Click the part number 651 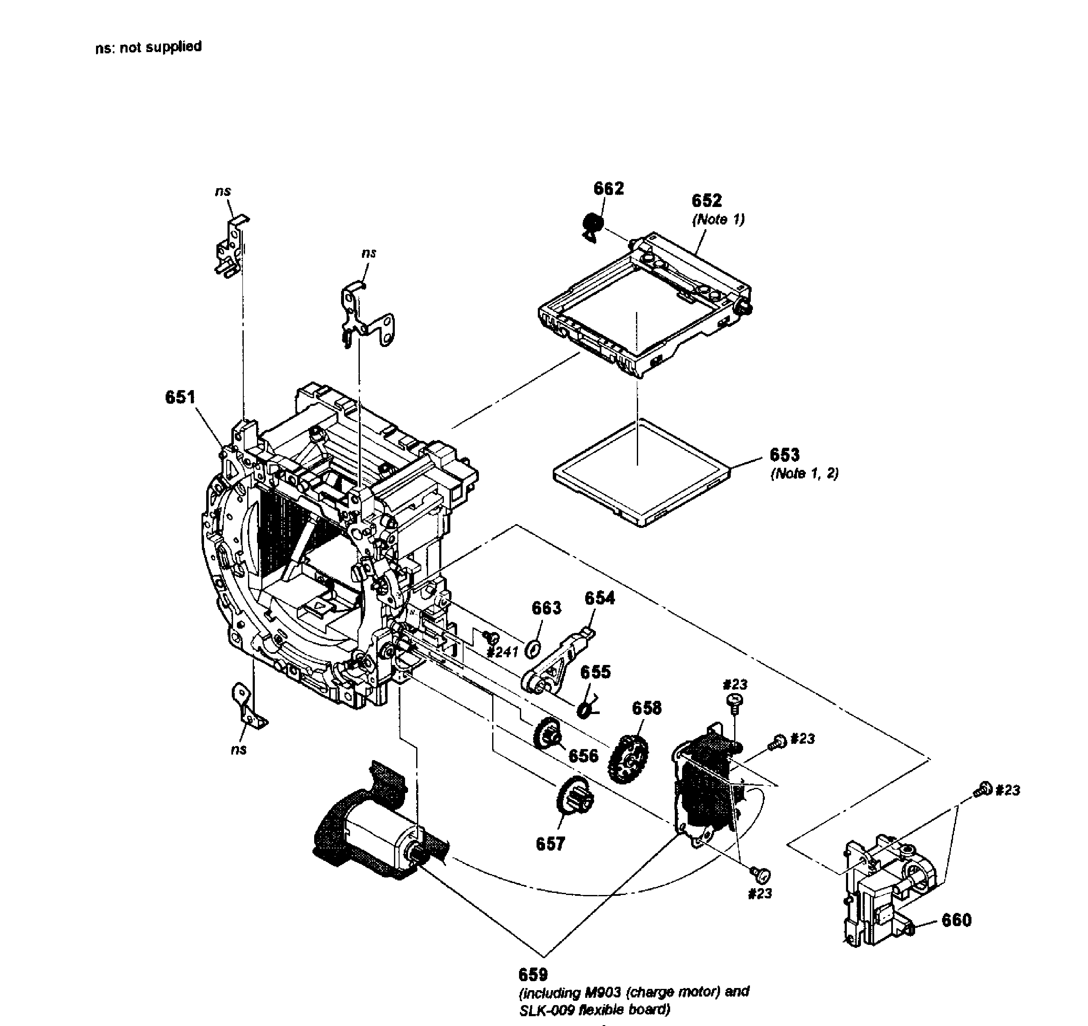point(180,397)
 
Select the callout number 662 point(608,188)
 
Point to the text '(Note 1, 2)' point(804,473)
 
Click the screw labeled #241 point(490,636)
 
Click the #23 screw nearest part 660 point(983,790)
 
